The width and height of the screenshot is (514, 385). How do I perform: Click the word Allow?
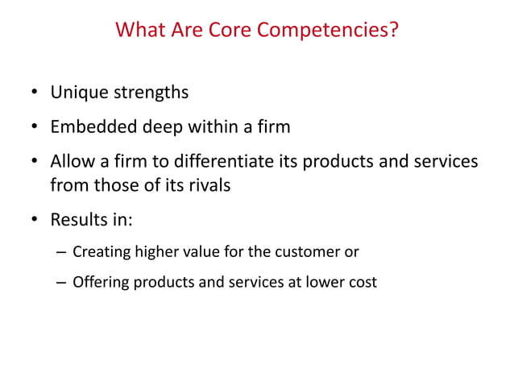(x=72, y=161)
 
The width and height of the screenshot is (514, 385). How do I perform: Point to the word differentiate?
(x=214, y=161)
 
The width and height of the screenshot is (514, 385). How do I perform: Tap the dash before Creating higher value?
(x=61, y=252)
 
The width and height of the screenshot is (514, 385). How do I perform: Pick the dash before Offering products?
(x=61, y=283)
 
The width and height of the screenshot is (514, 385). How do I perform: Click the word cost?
(x=362, y=283)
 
